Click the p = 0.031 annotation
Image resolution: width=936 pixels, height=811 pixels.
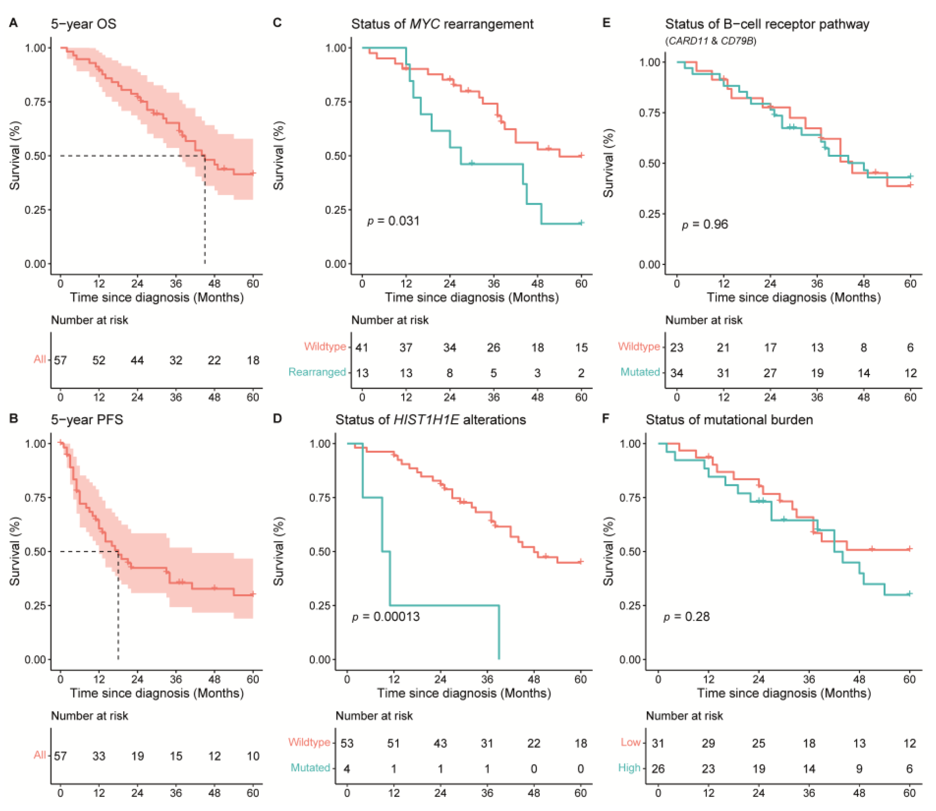[x=393, y=221]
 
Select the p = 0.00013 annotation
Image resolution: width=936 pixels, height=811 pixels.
[x=386, y=616]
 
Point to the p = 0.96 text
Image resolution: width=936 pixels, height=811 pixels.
[x=705, y=225]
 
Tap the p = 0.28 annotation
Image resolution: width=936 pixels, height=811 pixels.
[x=686, y=616]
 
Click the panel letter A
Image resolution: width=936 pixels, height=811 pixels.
[x=13, y=23]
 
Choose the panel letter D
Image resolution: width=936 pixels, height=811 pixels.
[x=277, y=418]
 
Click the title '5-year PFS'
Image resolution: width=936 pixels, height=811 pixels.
[x=87, y=420]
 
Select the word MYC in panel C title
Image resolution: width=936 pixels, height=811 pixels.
[x=425, y=24]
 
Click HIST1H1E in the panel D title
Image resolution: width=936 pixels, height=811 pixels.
[x=426, y=420]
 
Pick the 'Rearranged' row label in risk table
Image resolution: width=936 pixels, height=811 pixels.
[x=317, y=372]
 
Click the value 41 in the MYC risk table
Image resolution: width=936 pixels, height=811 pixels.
[x=362, y=348]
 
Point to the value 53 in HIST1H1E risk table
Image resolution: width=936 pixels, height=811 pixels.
[x=347, y=743]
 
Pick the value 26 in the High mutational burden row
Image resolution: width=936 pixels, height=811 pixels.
[x=658, y=768]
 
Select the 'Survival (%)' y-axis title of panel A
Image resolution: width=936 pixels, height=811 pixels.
[x=14, y=156]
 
